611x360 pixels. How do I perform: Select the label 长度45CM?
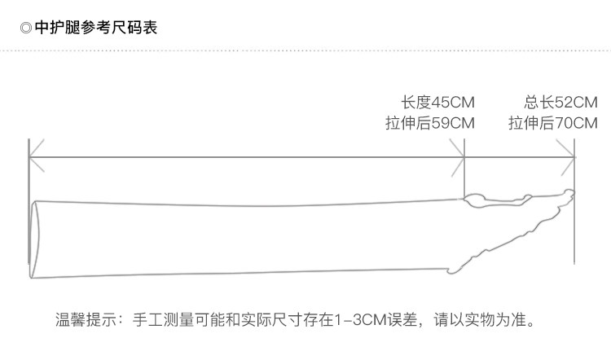point(437,103)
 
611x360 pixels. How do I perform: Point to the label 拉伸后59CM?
point(430,124)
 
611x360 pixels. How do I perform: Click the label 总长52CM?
point(561,103)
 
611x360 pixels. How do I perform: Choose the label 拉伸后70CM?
point(554,124)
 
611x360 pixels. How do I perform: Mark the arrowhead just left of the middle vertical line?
point(459,156)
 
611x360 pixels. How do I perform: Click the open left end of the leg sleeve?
point(33,237)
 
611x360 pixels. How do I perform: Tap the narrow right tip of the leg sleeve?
point(569,193)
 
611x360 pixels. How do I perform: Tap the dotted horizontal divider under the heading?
point(305,51)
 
